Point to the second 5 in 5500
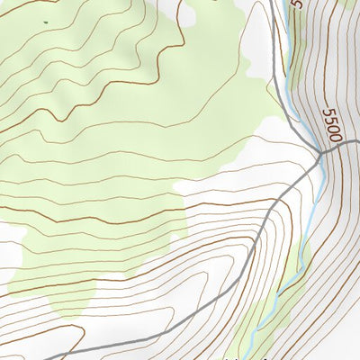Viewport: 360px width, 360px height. pos(329,120)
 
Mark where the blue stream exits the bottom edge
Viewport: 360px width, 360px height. pos(251,358)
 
